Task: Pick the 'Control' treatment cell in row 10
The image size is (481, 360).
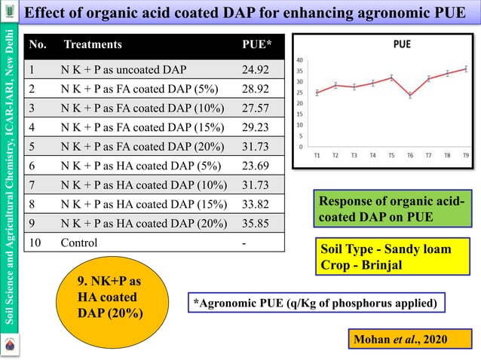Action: tap(80, 242)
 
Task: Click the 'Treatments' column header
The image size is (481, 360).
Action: tap(93, 44)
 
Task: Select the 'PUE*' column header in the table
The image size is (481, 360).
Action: tap(256, 44)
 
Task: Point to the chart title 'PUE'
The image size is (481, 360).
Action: tap(402, 44)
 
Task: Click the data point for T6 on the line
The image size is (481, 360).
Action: tap(409, 96)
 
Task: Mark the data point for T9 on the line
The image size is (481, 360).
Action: tap(465, 69)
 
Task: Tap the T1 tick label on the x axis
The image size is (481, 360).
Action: tap(317, 154)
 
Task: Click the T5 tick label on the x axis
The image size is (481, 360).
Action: tap(391, 154)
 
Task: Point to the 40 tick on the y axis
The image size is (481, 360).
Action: tap(300, 59)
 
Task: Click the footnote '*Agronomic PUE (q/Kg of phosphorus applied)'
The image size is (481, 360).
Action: tap(316, 303)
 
